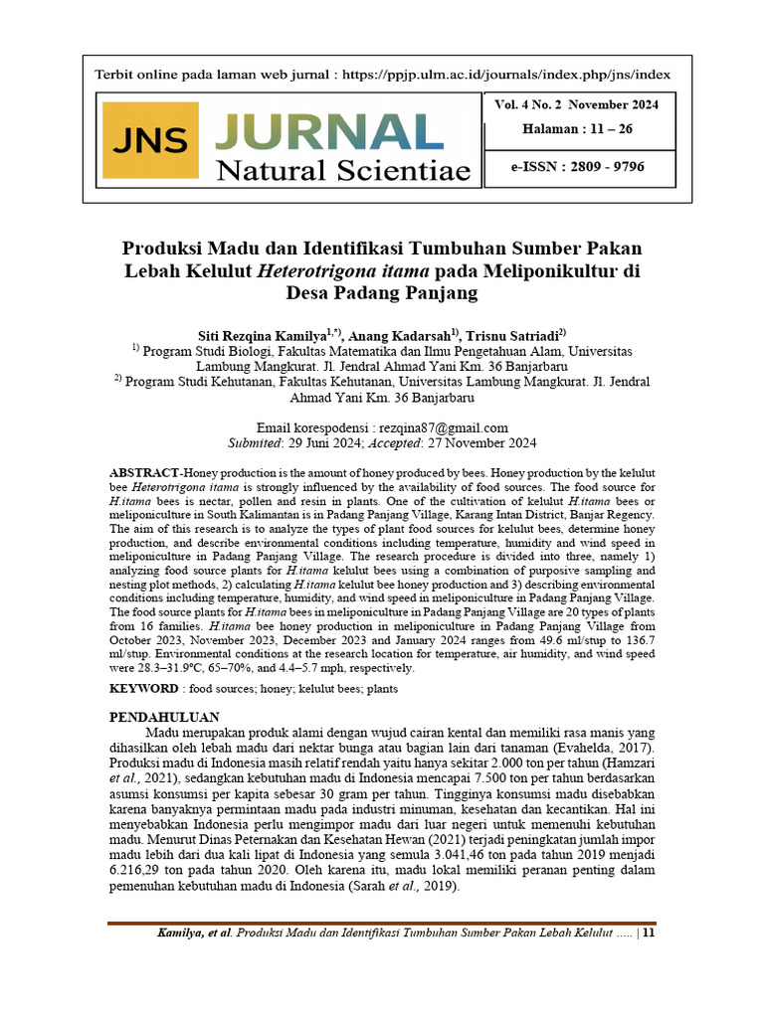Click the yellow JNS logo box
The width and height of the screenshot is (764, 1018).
149,140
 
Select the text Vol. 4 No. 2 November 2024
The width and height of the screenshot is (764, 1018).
576,104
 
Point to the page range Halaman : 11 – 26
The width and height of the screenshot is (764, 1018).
577,129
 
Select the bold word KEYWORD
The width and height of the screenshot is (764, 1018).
143,687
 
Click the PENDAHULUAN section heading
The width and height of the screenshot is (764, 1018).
163,717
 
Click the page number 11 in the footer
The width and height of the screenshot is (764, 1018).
649,933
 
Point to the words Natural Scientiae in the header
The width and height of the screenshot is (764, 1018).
343,172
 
